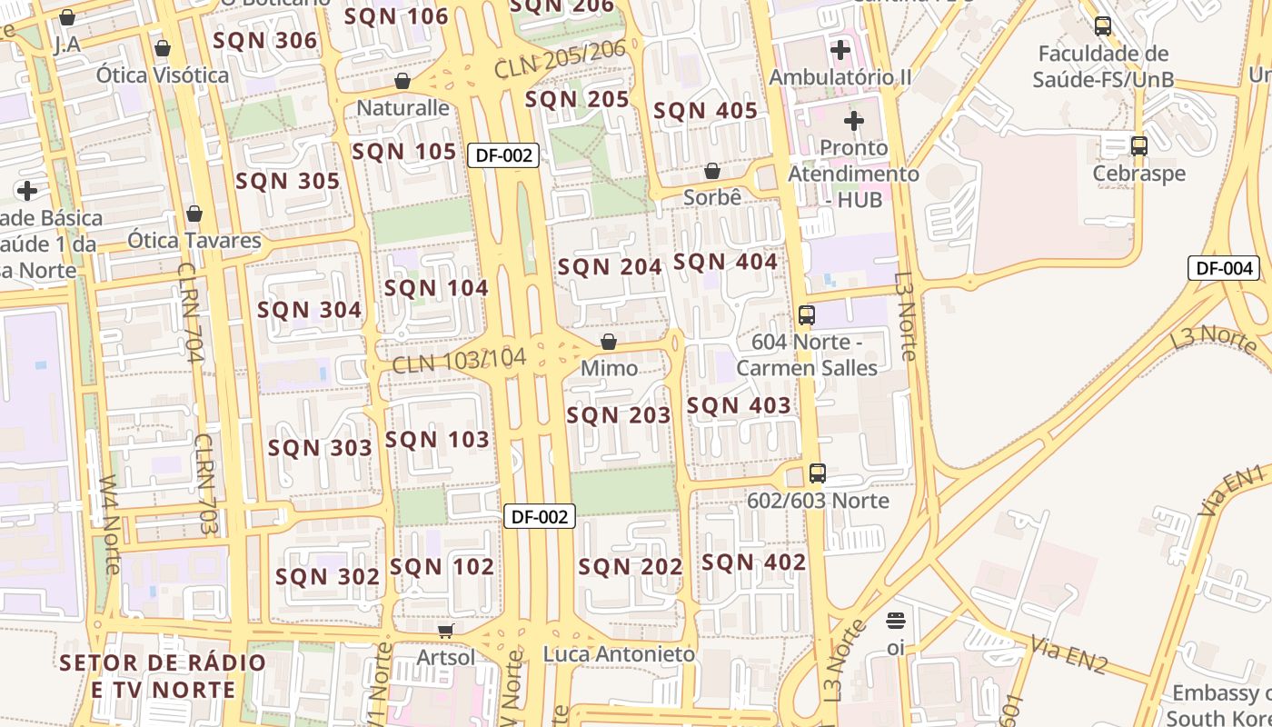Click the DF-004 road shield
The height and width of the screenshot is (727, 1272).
[x=1224, y=268]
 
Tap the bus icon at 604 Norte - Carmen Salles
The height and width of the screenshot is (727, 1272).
[x=806, y=315]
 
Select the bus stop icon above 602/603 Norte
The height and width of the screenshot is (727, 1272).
[x=818, y=473]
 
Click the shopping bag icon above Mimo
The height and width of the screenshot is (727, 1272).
[x=609, y=342]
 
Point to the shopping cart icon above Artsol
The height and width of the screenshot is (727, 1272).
[x=445, y=631]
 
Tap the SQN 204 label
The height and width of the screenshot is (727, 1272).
[x=610, y=267]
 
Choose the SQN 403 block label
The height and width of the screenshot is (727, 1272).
[x=739, y=405]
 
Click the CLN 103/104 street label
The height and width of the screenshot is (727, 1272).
[x=459, y=361]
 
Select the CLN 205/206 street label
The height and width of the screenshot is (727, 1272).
[x=560, y=59]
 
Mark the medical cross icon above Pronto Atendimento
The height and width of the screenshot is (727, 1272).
[x=854, y=120]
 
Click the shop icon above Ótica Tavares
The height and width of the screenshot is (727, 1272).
[x=194, y=214]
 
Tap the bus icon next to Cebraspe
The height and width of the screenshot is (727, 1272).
[x=1138, y=145]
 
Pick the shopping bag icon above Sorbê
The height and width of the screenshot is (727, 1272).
[x=712, y=171]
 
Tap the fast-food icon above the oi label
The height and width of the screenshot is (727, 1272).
[x=896, y=621]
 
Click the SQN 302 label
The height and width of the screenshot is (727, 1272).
[x=327, y=577]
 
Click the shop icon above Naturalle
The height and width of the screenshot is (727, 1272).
[x=402, y=81]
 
